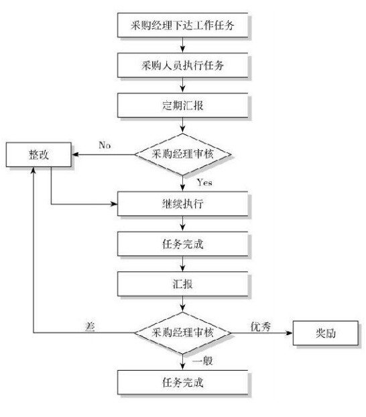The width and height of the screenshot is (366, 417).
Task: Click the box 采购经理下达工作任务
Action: (x=183, y=26)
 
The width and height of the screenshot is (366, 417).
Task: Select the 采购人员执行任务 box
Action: (x=183, y=65)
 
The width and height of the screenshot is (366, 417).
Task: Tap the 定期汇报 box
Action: (x=183, y=105)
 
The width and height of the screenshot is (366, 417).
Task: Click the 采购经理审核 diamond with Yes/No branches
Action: (x=182, y=154)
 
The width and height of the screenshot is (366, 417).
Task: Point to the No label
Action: (x=105, y=145)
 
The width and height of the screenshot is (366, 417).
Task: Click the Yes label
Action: (x=204, y=183)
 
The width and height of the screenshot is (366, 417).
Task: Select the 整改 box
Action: (x=39, y=154)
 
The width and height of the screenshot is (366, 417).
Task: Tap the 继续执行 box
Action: (x=183, y=204)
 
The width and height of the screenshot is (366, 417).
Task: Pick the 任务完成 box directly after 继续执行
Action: (x=183, y=244)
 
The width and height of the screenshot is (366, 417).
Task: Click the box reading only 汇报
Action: (x=183, y=284)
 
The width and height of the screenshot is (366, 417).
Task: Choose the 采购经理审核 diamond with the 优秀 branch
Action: (x=182, y=333)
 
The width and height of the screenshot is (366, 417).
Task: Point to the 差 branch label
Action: (x=90, y=326)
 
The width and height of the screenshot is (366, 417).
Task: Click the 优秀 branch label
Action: (x=261, y=326)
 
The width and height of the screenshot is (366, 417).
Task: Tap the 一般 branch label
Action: (x=202, y=361)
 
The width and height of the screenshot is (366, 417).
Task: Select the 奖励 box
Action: (x=326, y=333)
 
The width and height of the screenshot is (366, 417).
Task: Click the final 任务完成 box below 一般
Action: (x=183, y=383)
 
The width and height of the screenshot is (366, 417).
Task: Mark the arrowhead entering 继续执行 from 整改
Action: (x=114, y=204)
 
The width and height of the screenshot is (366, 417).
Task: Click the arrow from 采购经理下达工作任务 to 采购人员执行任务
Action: (x=182, y=45)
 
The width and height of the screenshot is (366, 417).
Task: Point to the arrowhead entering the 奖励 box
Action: (x=290, y=333)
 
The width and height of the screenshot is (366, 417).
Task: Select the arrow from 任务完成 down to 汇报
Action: (x=182, y=264)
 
